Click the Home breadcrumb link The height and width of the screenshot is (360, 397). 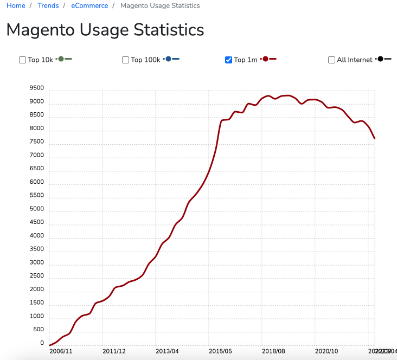point(16,5)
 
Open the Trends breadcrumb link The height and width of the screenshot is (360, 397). point(48,5)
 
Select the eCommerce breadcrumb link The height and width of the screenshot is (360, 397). point(89,5)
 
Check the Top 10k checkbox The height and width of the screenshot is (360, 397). point(23,60)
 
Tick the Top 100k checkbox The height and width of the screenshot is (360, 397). point(126,60)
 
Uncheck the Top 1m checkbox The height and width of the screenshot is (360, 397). point(229,60)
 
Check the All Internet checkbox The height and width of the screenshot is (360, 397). point(332,60)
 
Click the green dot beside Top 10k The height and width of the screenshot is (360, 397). point(61,59)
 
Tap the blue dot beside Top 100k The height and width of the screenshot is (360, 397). point(169,59)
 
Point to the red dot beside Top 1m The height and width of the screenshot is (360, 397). point(265,59)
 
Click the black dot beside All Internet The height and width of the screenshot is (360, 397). point(380,59)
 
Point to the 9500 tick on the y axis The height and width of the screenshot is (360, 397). point(37,88)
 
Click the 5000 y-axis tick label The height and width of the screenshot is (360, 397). point(37,209)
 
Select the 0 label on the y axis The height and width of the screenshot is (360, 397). point(42,343)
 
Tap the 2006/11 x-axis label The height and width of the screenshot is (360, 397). point(61,351)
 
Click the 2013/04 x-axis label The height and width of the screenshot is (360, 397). point(167,351)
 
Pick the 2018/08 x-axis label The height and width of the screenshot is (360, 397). point(273,351)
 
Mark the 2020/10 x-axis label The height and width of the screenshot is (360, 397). point(326,351)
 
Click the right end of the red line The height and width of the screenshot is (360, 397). point(375,138)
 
